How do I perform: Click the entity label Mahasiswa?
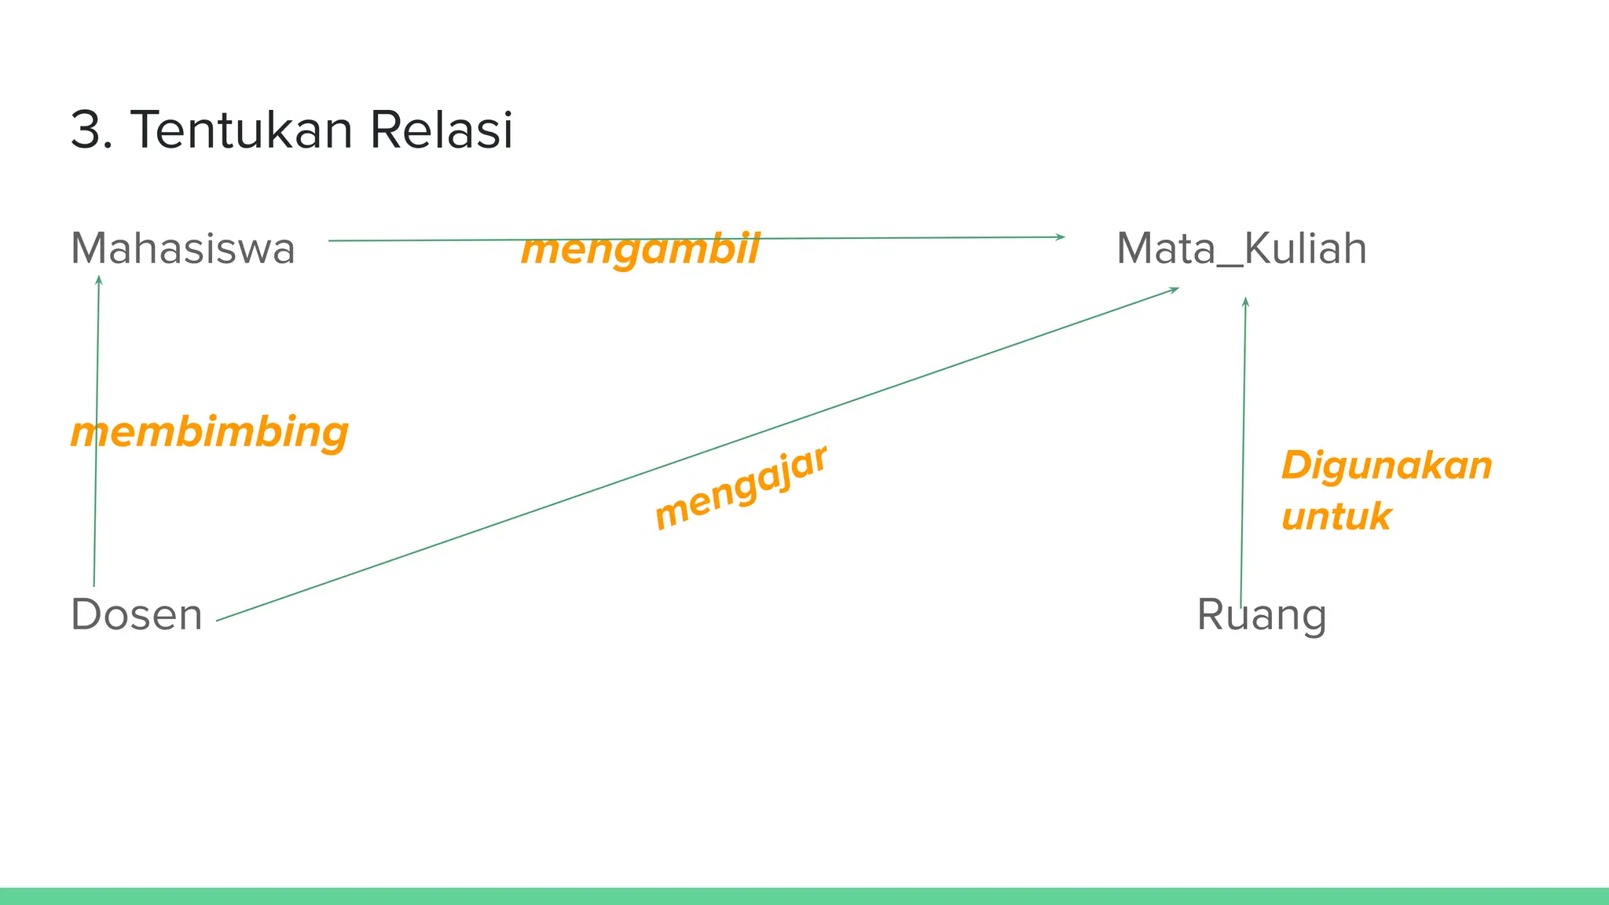tap(182, 249)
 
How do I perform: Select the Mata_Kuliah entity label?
tap(1241, 249)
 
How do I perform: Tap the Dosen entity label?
tap(137, 614)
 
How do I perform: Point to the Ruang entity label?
tap(1261, 614)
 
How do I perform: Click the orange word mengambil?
tap(640, 250)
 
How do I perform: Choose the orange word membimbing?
tap(209, 433)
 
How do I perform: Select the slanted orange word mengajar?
tap(741, 487)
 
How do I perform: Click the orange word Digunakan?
tap(1387, 465)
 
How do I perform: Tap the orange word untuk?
tap(1336, 517)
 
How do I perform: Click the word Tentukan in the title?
tap(242, 130)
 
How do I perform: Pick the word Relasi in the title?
tap(441, 130)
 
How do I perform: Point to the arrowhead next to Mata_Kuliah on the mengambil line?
tap(1061, 236)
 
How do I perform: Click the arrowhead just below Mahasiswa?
tap(99, 280)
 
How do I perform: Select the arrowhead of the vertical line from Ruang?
tap(1245, 302)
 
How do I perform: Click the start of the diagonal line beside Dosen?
tap(218, 621)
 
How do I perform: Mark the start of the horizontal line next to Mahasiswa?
tap(330, 240)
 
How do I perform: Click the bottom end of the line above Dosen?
tap(94, 584)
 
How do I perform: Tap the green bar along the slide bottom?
tap(804, 896)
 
